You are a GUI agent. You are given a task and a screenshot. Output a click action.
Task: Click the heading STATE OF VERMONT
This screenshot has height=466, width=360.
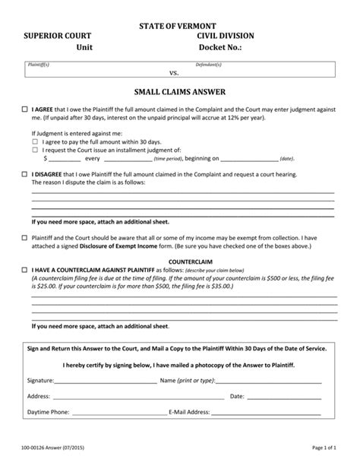[180, 27]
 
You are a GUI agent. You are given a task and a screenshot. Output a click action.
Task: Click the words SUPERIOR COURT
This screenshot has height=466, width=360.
[57, 37]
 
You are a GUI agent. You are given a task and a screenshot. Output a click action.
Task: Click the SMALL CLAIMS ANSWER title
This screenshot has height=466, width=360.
[180, 92]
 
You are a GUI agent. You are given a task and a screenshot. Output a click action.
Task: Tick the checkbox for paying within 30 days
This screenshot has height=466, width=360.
[35, 142]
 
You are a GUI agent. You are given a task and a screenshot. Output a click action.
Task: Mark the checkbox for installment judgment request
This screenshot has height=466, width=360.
[35, 151]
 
